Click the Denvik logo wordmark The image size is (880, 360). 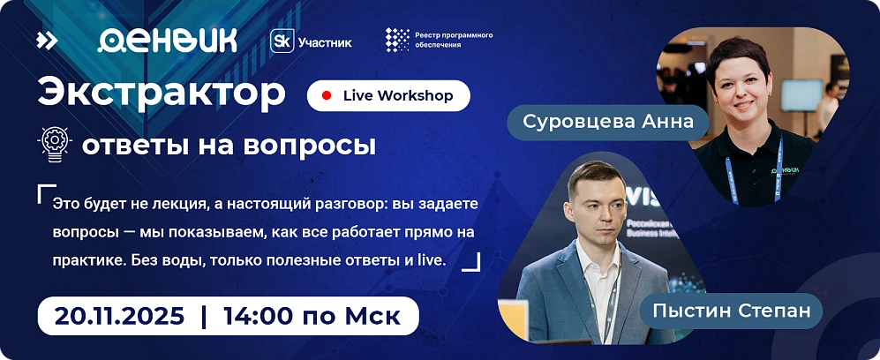pos(167,40)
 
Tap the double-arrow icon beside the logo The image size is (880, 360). pos(47,40)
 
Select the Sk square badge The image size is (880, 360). pos(282,41)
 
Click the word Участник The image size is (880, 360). pos(324,41)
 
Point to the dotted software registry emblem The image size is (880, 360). pos(397,40)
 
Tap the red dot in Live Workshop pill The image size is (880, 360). pos(327,95)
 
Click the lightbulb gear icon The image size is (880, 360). pos(56,144)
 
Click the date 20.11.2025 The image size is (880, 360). pos(119,315)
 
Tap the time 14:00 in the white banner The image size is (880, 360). pos(257,315)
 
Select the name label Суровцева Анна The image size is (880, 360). pos(608,121)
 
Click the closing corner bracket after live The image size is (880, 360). pos(471,261)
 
